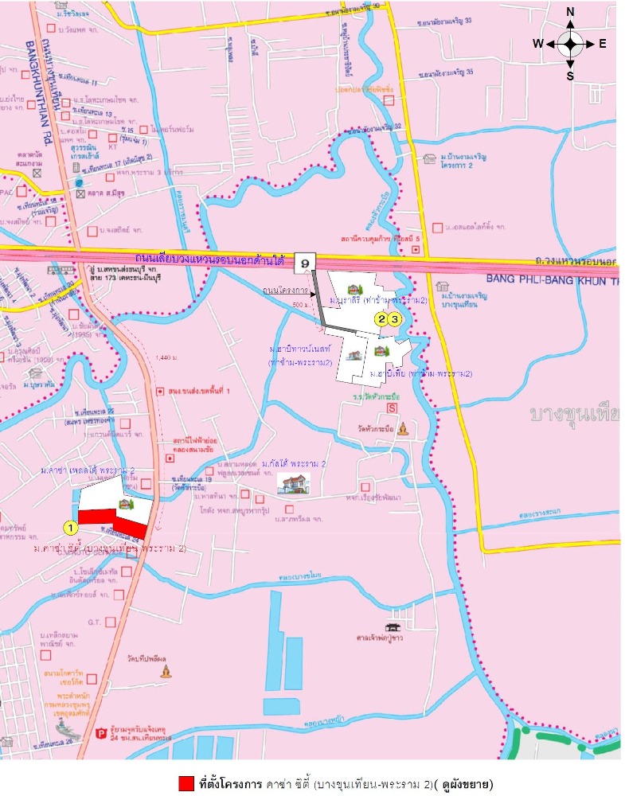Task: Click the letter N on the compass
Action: coord(570,12)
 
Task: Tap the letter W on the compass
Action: coord(538,44)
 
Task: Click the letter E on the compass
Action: coord(603,44)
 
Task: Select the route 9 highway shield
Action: coord(306,261)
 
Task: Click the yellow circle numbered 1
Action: coord(71,526)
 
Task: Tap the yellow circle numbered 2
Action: coord(382,319)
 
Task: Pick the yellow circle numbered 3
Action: coord(393,319)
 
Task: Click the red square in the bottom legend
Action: coord(186,783)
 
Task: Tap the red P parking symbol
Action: coord(100,734)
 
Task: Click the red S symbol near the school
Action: coord(391,408)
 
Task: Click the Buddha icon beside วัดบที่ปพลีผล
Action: coord(166,671)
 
